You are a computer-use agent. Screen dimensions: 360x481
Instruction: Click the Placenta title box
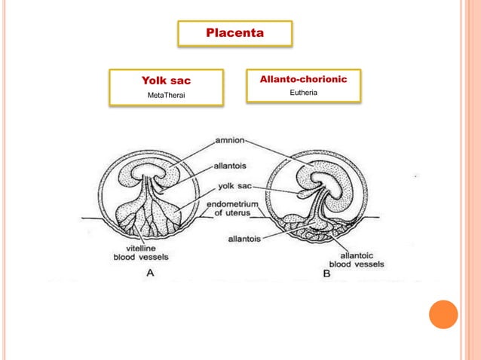[x=235, y=34]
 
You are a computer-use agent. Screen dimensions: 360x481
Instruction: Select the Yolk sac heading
[x=166, y=81]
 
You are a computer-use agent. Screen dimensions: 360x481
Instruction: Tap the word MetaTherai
[x=166, y=95]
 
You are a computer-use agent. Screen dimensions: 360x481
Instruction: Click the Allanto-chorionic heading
[x=303, y=79]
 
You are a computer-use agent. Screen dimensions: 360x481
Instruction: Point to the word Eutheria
[x=303, y=93]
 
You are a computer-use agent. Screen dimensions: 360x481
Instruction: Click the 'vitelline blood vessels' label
[x=136, y=252]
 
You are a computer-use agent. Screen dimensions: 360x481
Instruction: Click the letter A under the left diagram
[x=150, y=273]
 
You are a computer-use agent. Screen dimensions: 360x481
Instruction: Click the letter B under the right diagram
[x=326, y=274]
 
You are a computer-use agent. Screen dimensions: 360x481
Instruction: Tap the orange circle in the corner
[x=443, y=314]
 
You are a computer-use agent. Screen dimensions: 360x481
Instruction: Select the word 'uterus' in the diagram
[x=235, y=213]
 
